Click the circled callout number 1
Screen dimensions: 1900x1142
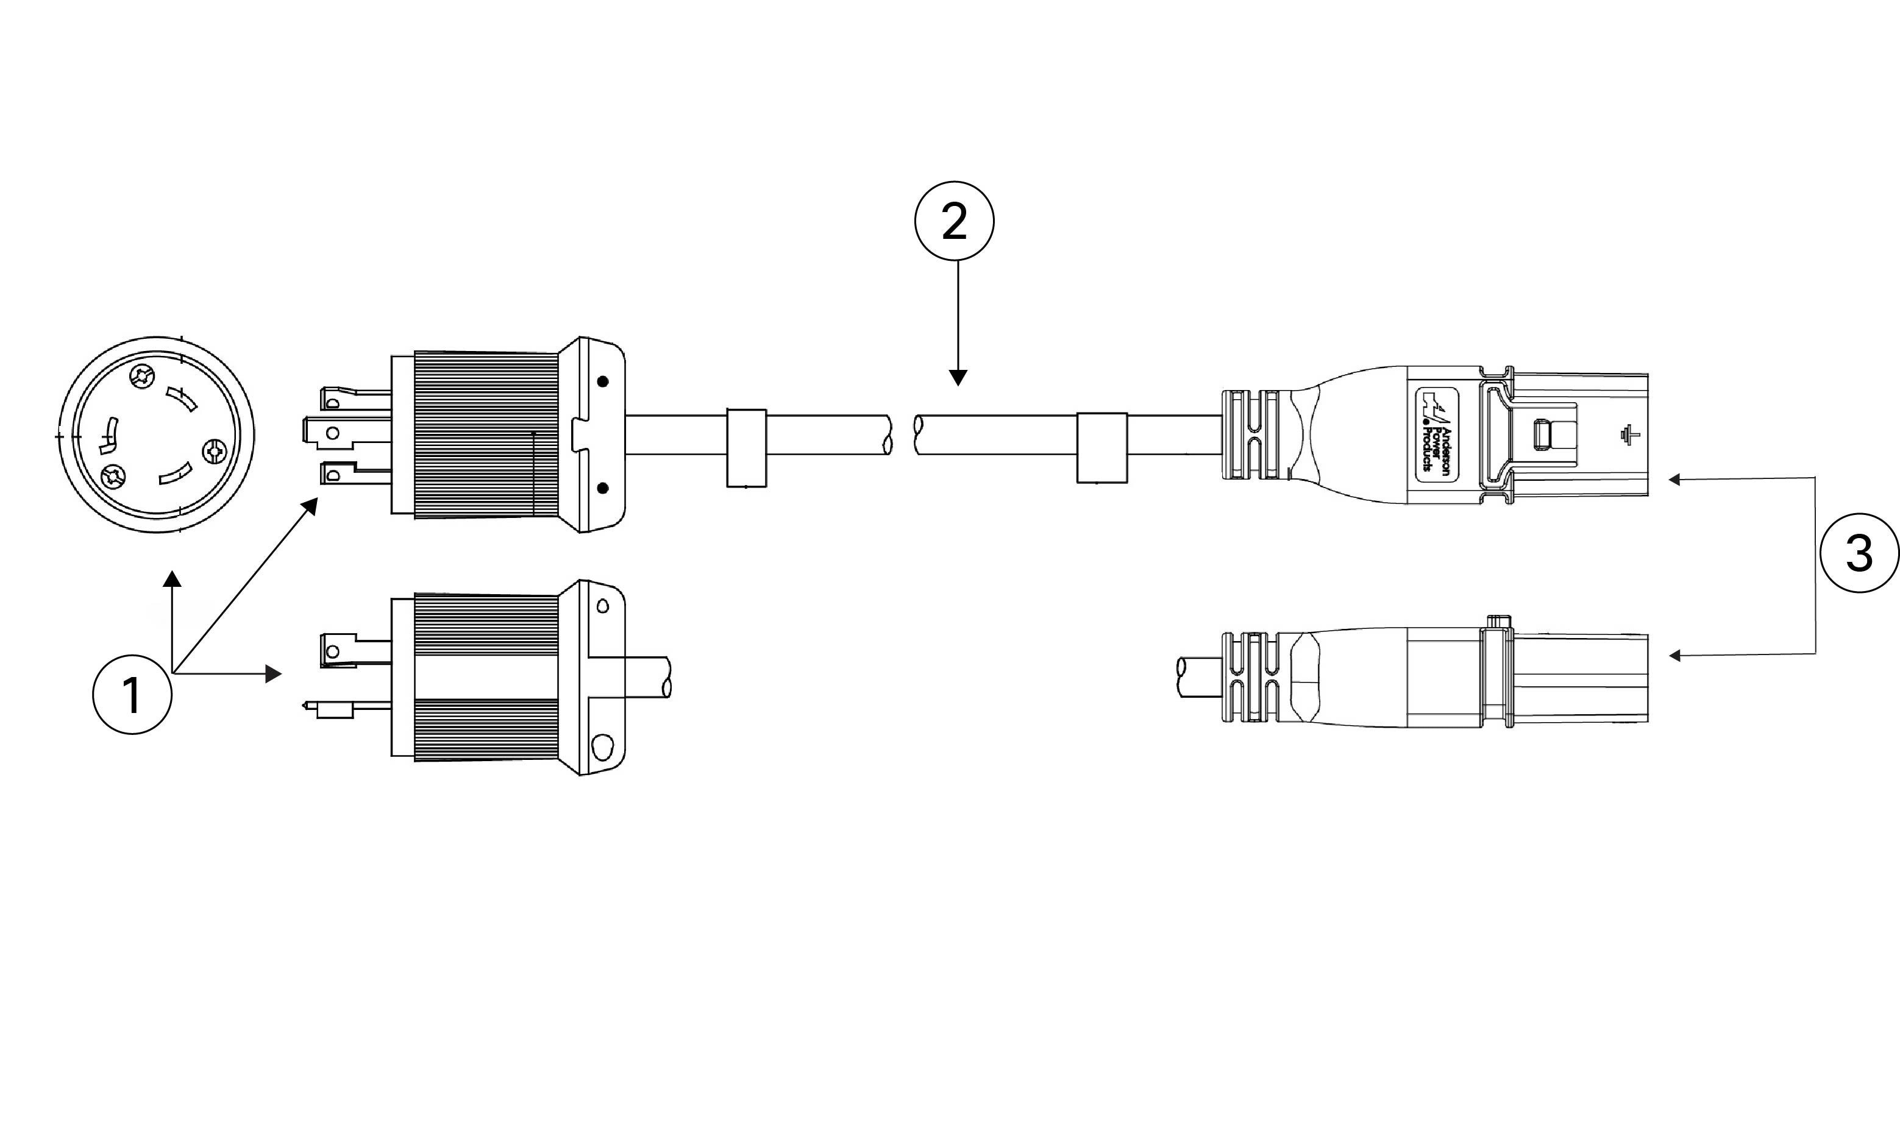point(132,695)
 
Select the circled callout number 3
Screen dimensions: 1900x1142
point(1859,553)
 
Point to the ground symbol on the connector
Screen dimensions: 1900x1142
point(1629,434)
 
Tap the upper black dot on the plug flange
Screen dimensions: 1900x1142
point(603,381)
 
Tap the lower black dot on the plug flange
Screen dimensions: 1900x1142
point(603,488)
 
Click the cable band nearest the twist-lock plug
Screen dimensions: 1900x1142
point(747,448)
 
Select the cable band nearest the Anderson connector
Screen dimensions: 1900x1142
point(1101,448)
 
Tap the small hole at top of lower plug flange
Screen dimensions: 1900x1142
point(603,606)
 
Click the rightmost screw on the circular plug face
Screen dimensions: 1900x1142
point(213,451)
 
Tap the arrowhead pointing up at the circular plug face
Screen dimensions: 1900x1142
point(173,580)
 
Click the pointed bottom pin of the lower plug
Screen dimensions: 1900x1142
point(328,708)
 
